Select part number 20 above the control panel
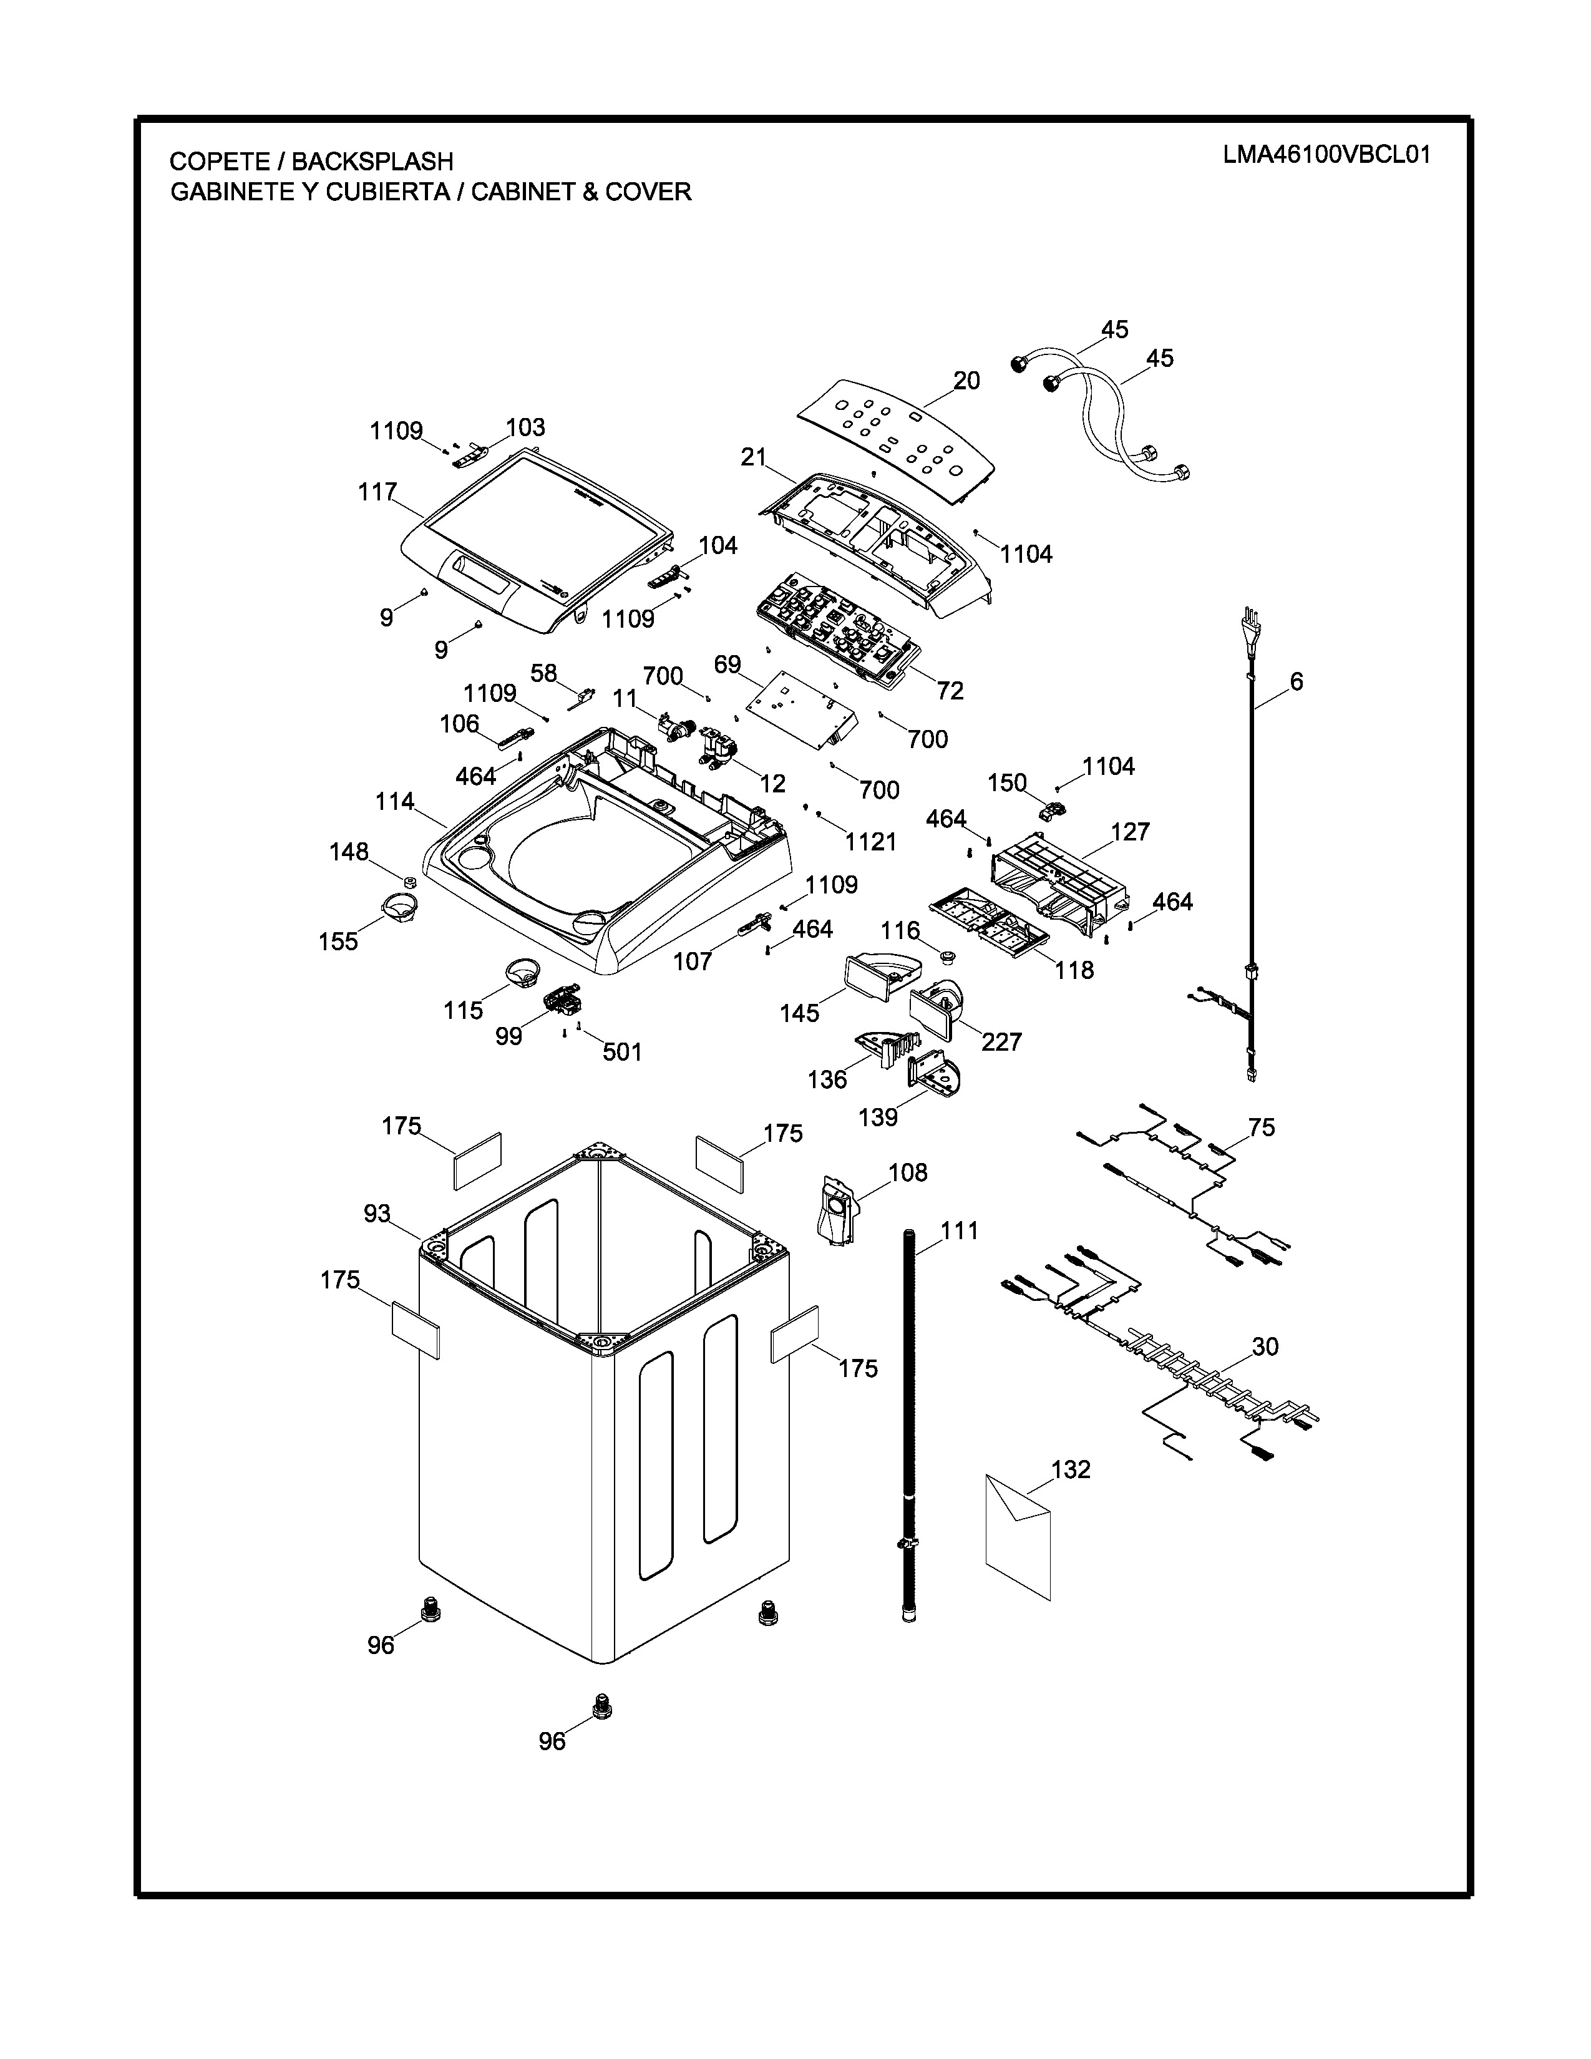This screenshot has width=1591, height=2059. point(966,381)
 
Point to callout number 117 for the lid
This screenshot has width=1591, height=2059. point(377,492)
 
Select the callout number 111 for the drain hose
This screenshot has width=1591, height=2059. point(960,1230)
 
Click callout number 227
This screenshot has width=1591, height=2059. point(1001,1042)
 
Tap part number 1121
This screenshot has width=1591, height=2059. point(870,842)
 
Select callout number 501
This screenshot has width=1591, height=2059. point(622,1052)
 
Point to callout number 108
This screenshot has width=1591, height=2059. point(908,1173)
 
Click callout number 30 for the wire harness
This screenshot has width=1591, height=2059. point(1265,1347)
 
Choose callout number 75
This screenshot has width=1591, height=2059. point(1261,1127)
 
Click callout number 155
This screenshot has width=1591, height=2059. point(338,942)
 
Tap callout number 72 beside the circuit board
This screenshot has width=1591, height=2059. point(950,691)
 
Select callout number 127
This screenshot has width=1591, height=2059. point(1130,832)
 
